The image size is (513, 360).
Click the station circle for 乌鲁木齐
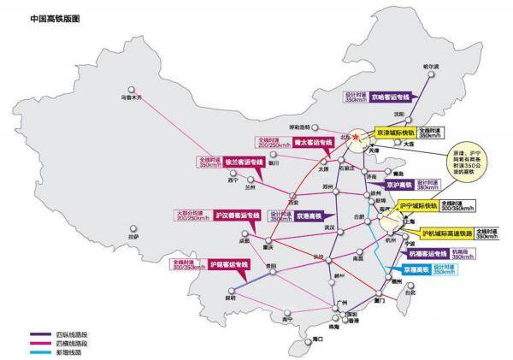tap(130, 89)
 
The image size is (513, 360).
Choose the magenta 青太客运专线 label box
tap(305, 143)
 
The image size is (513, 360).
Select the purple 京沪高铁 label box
tap(398, 185)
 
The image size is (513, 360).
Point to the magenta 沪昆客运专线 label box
tap(226, 265)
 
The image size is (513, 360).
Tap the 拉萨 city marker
tap(130, 227)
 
